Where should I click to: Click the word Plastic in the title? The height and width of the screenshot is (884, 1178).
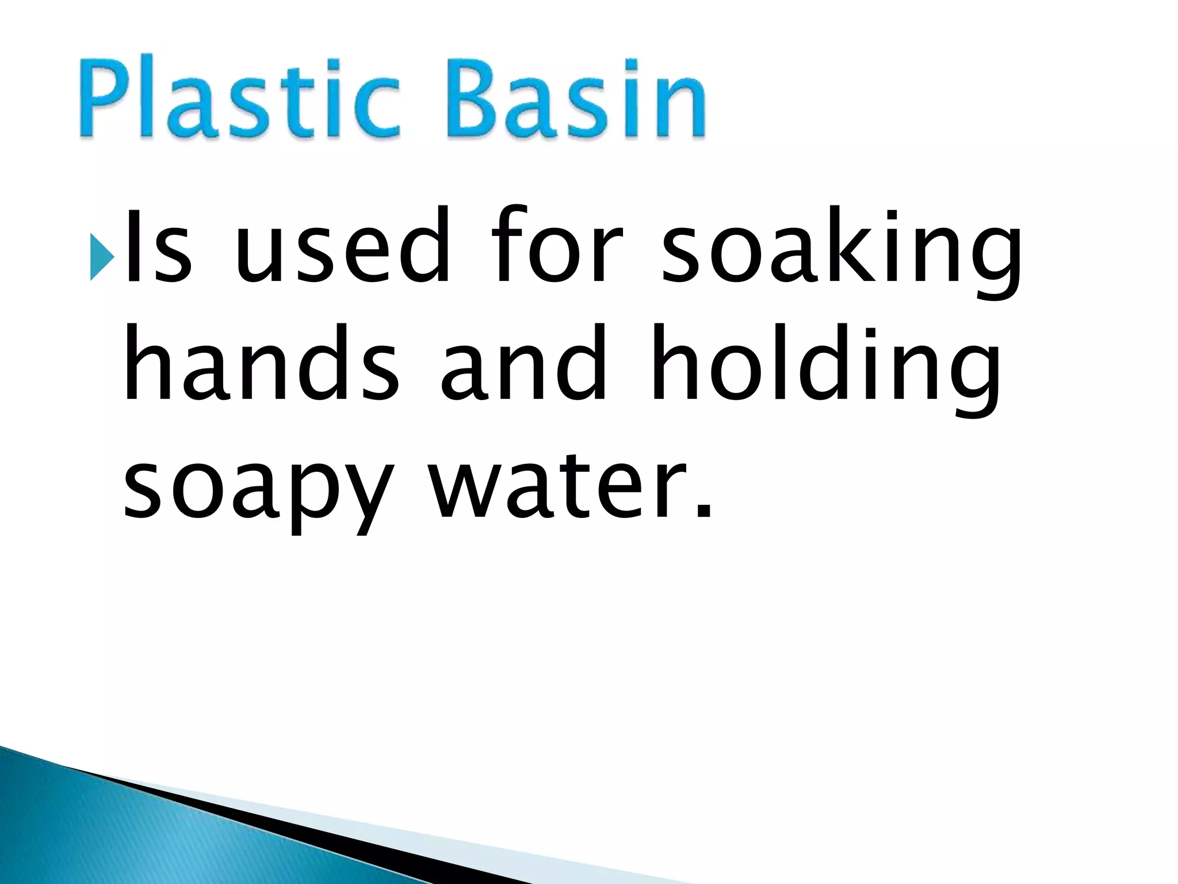tap(239, 97)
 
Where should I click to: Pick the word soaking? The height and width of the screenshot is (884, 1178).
tap(841, 253)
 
